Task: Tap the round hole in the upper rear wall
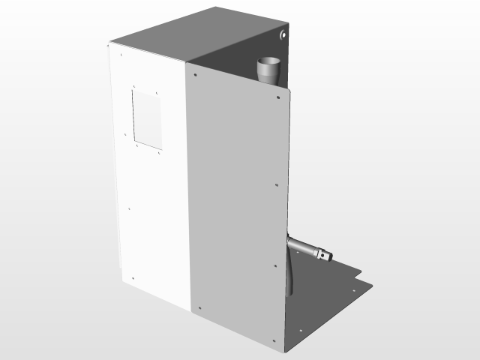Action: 283,34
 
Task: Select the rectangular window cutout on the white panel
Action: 147,118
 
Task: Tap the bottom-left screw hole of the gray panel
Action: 200,306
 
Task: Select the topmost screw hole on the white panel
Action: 120,53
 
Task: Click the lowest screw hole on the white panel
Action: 133,278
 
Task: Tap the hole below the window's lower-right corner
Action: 160,154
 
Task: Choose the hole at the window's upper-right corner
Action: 158,94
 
